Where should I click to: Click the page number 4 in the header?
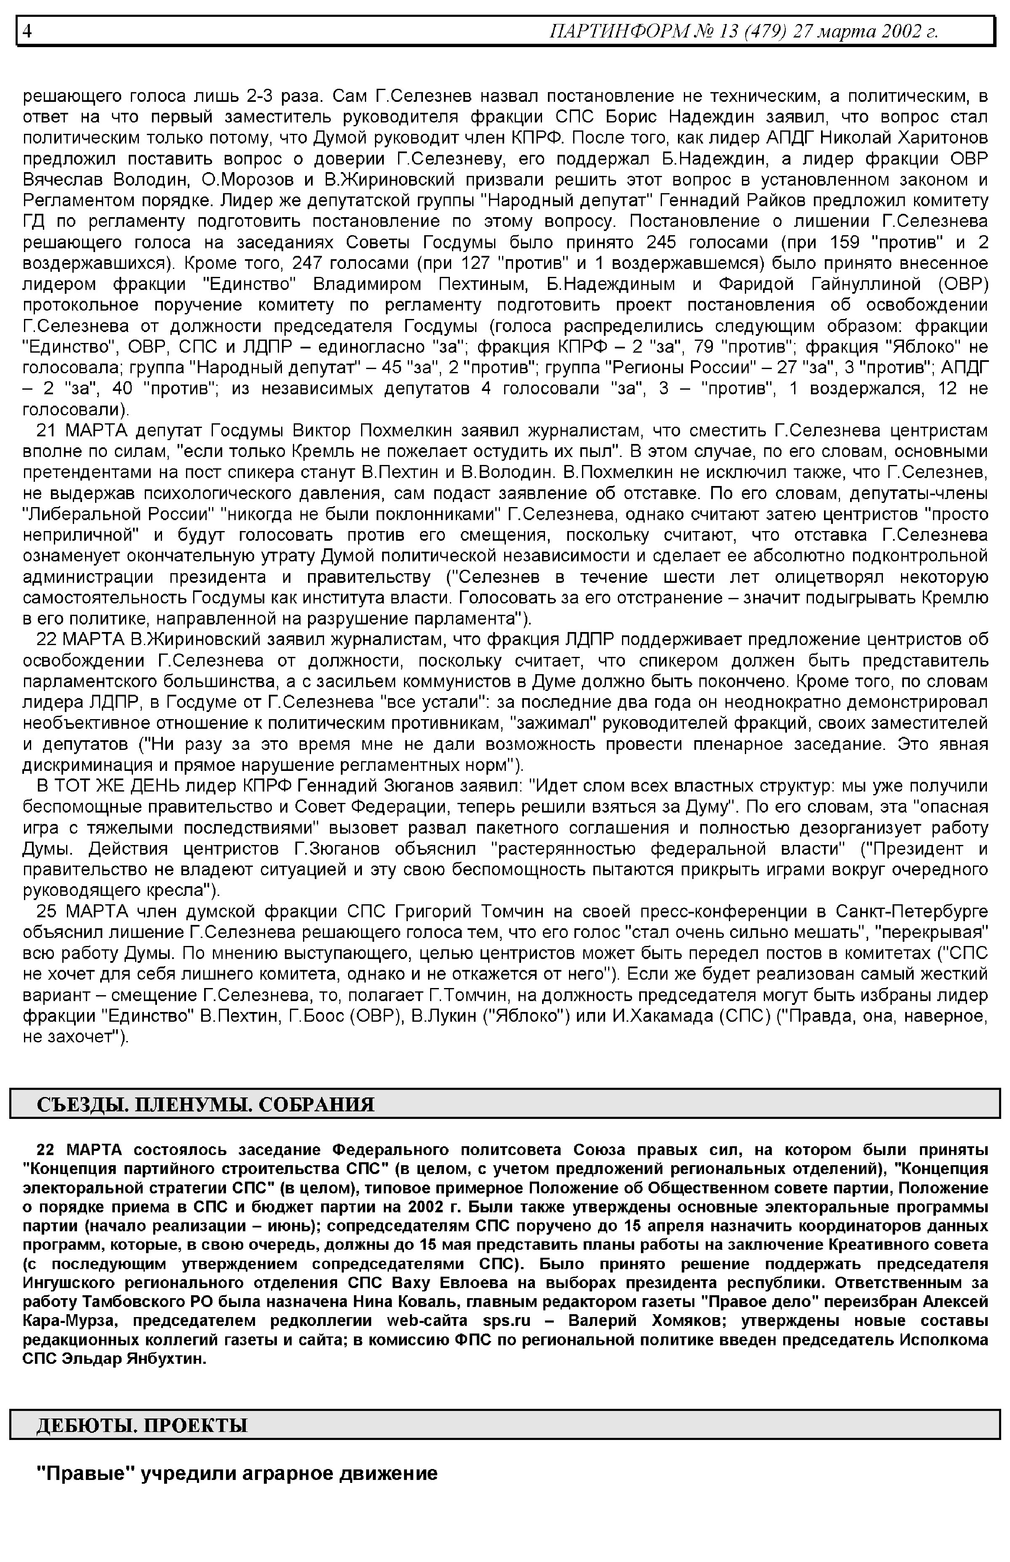27,31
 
